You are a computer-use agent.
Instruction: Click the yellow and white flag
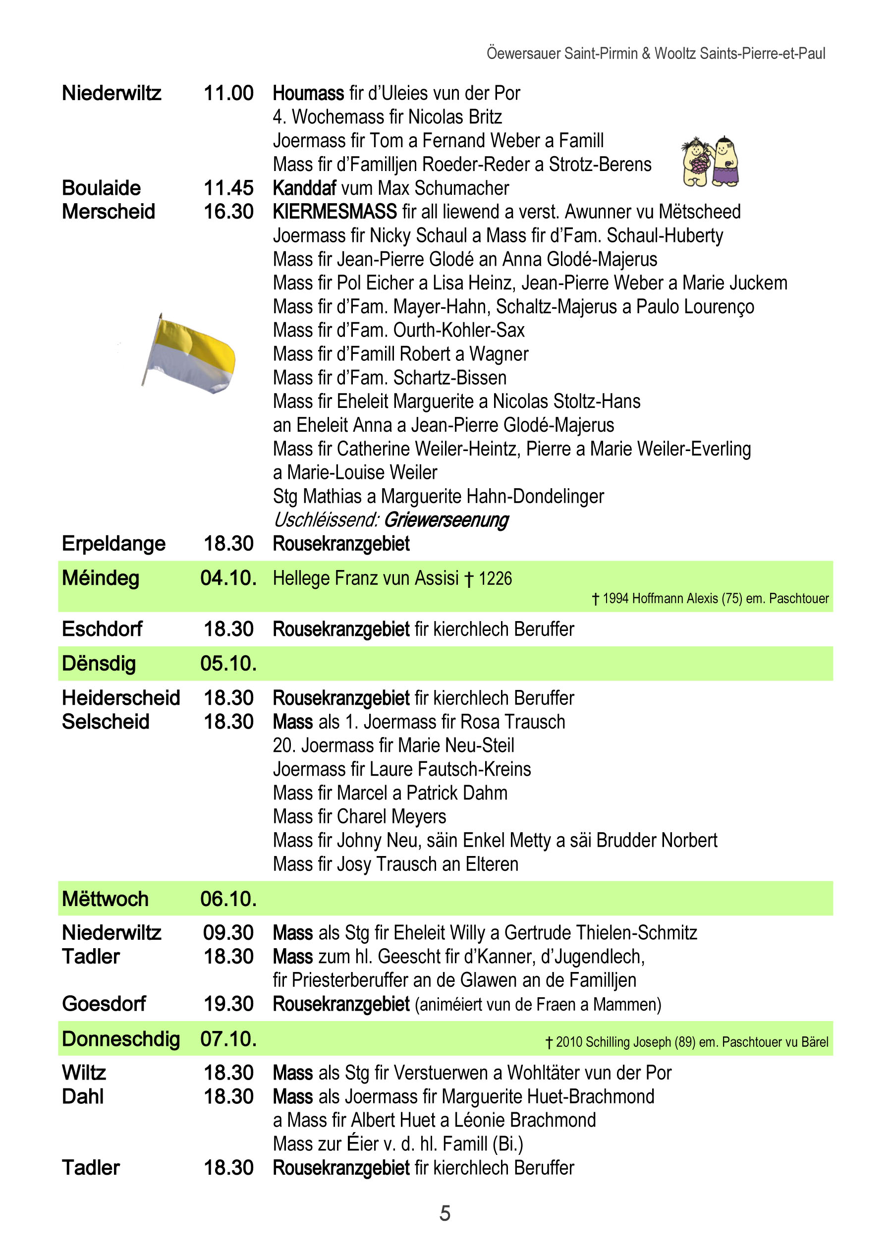(189, 353)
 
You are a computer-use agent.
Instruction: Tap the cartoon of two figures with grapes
(710, 163)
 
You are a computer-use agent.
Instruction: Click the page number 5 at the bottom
(445, 1213)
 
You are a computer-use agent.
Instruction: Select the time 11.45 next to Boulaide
(228, 188)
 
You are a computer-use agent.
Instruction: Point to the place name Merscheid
(109, 212)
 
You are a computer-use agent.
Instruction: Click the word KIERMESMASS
(334, 212)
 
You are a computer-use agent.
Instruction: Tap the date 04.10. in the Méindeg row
(228, 578)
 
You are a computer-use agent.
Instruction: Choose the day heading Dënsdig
(99, 664)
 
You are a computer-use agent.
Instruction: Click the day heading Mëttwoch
(106, 899)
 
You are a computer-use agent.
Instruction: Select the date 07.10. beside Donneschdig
(228, 1038)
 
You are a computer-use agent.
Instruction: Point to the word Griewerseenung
(446, 519)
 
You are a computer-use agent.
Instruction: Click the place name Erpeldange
(113, 544)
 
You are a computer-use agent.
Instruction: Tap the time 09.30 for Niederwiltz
(228, 933)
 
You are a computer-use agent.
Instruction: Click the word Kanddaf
(304, 188)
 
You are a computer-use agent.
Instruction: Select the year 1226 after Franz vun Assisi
(495, 578)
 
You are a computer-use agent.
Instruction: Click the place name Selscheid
(106, 722)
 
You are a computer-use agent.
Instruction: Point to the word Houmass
(308, 93)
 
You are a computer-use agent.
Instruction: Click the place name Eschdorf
(102, 629)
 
